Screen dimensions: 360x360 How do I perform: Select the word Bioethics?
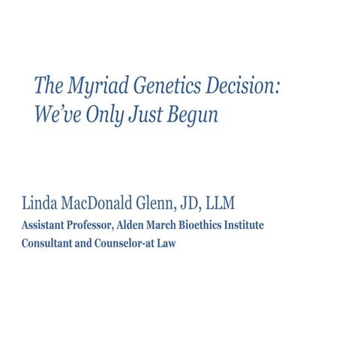[x=206, y=225]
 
